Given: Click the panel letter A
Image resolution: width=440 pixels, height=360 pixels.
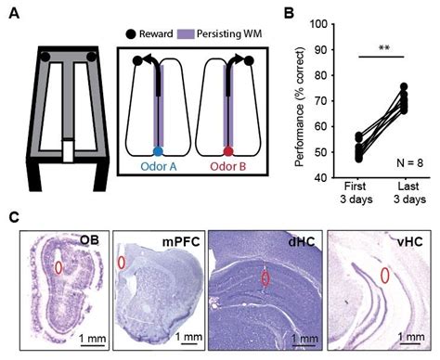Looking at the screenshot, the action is click(x=14, y=14).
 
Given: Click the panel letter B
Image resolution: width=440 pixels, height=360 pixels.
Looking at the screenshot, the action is click(x=289, y=13).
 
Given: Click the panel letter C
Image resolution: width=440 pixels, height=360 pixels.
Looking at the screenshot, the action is click(x=15, y=217).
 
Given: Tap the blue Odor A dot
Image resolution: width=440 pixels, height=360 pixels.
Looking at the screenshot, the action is click(x=158, y=151).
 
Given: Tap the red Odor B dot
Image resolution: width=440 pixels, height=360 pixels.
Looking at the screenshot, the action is click(x=228, y=151).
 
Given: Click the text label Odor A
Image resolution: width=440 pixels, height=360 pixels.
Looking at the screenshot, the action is click(x=159, y=167).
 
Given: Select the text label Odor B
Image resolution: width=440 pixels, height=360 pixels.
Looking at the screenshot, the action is click(x=228, y=167).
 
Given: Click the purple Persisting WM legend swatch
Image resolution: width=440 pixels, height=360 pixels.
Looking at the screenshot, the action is click(x=186, y=33).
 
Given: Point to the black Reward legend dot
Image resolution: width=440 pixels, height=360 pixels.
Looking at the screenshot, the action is click(x=131, y=33).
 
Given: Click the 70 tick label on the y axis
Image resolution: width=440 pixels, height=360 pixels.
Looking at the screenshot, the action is click(x=322, y=101).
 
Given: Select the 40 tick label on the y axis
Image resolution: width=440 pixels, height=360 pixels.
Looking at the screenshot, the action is click(x=322, y=178).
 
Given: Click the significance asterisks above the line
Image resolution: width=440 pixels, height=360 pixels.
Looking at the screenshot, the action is click(x=383, y=48).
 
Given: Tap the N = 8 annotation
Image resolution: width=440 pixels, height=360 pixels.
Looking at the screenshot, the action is click(x=409, y=163).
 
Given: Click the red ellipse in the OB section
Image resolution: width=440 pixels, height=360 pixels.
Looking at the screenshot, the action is click(x=58, y=267).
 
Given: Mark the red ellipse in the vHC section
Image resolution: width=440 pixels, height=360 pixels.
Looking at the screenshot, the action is click(x=385, y=276).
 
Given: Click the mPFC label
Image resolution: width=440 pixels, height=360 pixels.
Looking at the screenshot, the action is click(x=181, y=242).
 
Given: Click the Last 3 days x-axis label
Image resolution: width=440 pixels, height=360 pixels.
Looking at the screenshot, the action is click(x=409, y=193).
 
